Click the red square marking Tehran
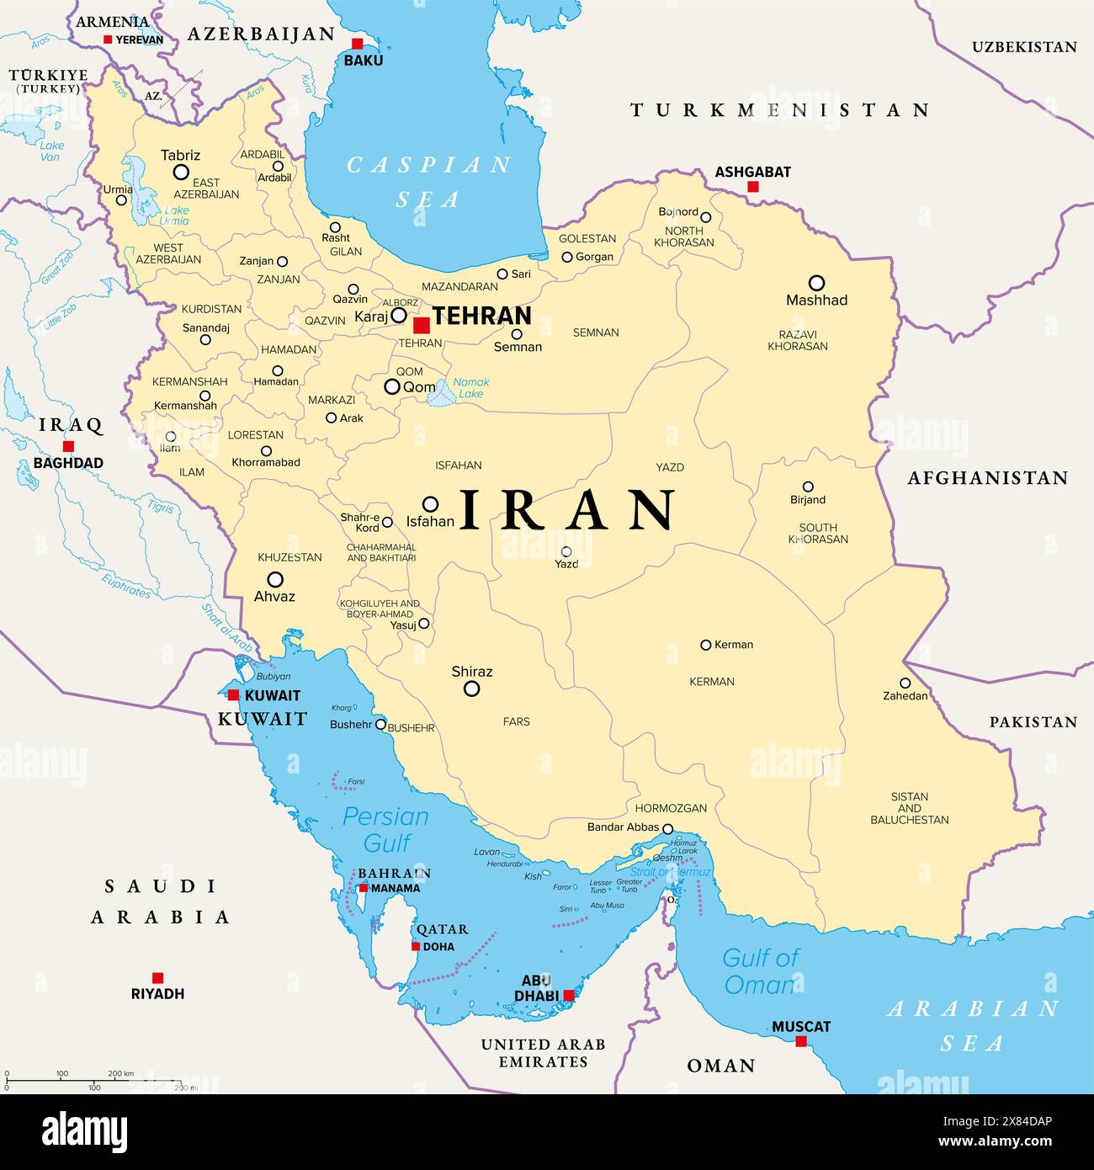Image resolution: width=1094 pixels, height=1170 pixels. [x=422, y=325]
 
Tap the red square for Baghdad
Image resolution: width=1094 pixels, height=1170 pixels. [x=68, y=446]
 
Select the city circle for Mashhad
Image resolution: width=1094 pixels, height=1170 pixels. [x=816, y=283]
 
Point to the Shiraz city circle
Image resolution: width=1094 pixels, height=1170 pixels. [x=472, y=689]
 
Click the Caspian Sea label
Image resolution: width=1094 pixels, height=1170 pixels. [x=428, y=181]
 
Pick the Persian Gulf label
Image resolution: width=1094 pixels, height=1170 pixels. [x=385, y=828]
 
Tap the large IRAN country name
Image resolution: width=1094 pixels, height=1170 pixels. [x=568, y=510]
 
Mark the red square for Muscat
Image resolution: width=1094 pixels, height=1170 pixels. [x=801, y=1041]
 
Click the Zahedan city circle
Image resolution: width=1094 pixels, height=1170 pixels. [x=905, y=683]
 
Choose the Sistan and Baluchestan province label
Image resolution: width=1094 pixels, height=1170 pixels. [x=910, y=808]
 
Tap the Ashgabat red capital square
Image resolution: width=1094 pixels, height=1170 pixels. [x=753, y=187]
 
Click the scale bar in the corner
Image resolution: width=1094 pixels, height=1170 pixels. [x=93, y=1080]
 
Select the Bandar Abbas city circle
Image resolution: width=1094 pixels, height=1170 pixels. [x=667, y=828]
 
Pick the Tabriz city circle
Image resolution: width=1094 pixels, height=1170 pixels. [x=181, y=172]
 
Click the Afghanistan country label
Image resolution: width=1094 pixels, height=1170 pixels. [x=987, y=478]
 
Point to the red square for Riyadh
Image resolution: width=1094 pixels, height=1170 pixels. [x=157, y=977]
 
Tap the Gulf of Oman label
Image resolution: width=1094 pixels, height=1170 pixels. [x=760, y=971]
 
